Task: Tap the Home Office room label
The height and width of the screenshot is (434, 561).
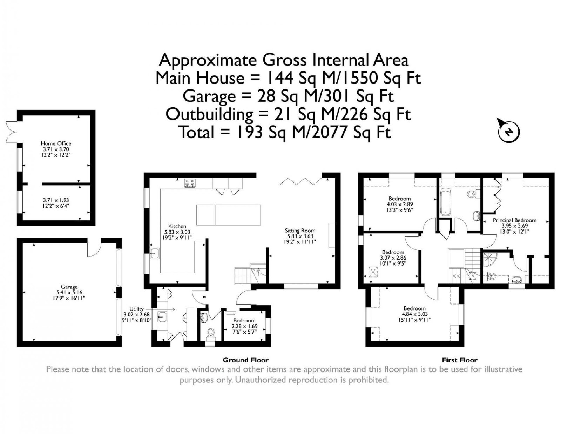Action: point(56,143)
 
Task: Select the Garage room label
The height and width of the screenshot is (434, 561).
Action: point(69,287)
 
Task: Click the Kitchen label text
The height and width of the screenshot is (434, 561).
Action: point(177,226)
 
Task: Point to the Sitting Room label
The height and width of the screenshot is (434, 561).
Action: point(300,231)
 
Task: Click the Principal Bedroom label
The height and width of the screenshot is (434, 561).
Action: point(514,220)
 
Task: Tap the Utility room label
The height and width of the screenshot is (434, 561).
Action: point(136,309)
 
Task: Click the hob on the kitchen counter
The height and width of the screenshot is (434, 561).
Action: point(190,183)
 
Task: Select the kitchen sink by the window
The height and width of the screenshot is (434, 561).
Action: point(155,253)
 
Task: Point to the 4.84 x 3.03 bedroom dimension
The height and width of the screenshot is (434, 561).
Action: point(414,314)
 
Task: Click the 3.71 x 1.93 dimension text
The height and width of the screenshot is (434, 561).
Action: point(56,200)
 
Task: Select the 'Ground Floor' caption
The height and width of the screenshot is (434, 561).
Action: point(245,360)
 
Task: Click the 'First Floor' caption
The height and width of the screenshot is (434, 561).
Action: point(460,360)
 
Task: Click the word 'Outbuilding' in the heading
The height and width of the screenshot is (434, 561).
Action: point(209,114)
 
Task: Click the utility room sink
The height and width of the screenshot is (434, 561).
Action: point(163,317)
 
